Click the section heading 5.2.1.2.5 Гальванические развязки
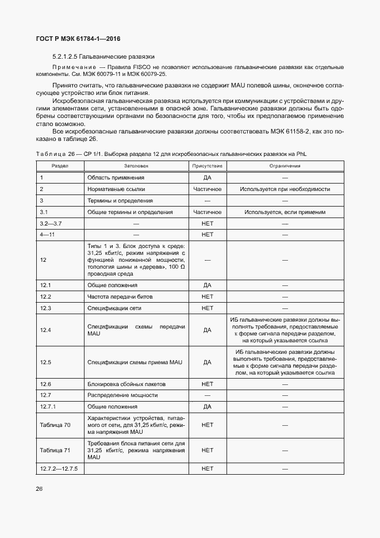(x=103, y=57)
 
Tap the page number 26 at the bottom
(x=39, y=489)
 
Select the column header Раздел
(x=60, y=166)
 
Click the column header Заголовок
(x=136, y=166)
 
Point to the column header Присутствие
(x=208, y=166)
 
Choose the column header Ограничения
(x=285, y=166)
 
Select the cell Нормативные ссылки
(x=116, y=189)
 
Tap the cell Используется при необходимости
(x=285, y=189)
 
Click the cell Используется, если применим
(x=285, y=212)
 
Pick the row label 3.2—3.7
(x=51, y=223)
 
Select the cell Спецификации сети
(x=114, y=308)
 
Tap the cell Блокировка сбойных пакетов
(x=127, y=384)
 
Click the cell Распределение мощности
(x=122, y=395)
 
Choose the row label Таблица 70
(x=55, y=425)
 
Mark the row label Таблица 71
(x=55, y=450)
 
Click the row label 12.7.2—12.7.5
(x=59, y=468)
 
